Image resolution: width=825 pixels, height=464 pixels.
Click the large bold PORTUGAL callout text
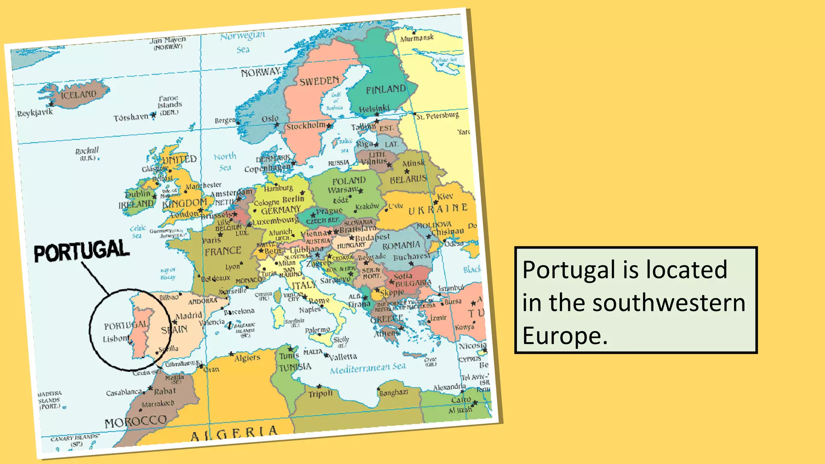[82, 251]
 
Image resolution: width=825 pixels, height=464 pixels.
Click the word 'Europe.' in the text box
[565, 336]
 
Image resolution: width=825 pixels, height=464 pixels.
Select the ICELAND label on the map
[79, 95]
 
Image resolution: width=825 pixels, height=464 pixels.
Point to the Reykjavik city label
[35, 113]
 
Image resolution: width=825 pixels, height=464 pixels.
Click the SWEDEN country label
[319, 81]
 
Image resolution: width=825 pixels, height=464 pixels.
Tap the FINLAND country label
[386, 89]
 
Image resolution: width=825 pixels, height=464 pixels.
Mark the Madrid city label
[189, 316]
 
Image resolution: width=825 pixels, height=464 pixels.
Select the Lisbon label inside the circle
[115, 339]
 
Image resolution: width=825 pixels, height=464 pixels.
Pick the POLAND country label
[349, 181]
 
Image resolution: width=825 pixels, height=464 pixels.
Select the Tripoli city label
[321, 394]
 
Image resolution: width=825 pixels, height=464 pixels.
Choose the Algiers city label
[247, 358]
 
